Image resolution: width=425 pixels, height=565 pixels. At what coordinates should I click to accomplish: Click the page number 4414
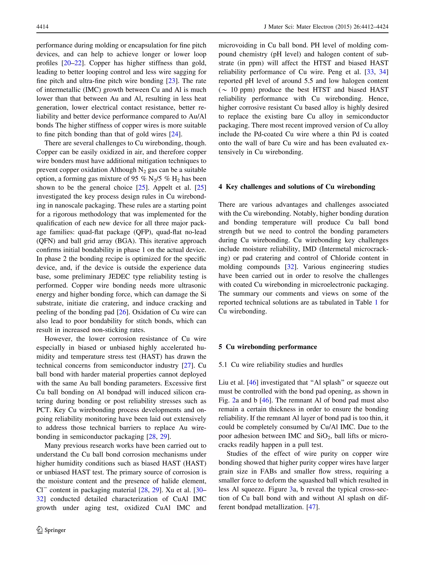coord(42,27)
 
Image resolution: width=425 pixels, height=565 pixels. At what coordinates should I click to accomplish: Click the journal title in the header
coord(326,27)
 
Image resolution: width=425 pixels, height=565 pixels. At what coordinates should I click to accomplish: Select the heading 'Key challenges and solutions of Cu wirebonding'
coord(300,187)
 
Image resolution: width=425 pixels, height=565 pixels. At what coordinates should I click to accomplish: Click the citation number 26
coord(122,312)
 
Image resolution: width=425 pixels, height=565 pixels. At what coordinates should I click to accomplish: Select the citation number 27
coord(187,365)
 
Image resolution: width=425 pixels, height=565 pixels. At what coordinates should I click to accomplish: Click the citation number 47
coord(312,507)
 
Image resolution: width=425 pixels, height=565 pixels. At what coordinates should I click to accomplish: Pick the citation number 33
coord(370,72)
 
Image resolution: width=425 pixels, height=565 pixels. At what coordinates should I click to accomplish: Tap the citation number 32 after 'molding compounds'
coord(290,267)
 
